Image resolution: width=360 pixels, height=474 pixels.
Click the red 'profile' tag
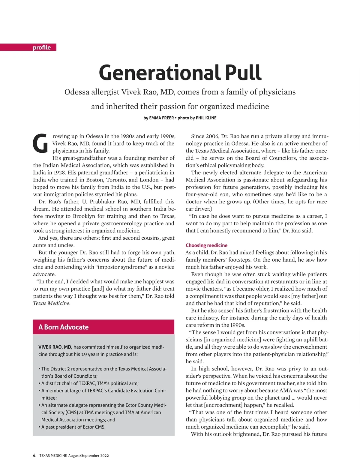(42, 47)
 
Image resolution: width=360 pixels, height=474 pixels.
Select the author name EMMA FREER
(161, 118)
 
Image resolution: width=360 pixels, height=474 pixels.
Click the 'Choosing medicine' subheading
(206, 245)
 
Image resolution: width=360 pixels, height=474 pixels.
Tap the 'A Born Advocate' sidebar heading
(64, 327)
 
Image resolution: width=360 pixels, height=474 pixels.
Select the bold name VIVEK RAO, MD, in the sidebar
(55, 347)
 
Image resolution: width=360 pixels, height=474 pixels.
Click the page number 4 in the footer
(34, 455)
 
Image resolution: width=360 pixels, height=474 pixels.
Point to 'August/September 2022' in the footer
(88, 456)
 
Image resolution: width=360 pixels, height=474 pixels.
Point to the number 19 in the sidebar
(84, 354)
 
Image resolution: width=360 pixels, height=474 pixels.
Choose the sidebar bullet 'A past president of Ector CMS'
(73, 427)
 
